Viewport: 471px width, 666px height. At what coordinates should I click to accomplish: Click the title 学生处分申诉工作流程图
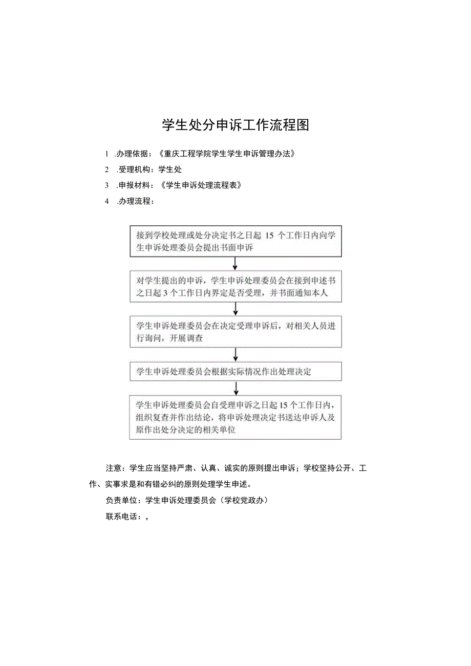[235, 125]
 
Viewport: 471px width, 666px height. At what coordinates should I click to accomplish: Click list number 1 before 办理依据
[107, 154]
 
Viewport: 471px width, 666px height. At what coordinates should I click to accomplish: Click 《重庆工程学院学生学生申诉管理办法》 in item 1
[227, 154]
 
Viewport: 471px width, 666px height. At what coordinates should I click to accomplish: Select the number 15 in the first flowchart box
[271, 235]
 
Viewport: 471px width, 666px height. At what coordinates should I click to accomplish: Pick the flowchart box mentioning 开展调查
[235, 332]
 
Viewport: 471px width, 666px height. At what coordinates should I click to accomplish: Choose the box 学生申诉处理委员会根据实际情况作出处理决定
[235, 372]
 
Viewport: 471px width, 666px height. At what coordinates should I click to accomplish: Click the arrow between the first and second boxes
[235, 263]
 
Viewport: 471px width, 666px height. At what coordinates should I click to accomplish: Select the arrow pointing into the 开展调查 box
[235, 309]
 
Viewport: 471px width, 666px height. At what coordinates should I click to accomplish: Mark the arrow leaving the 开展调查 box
[235, 354]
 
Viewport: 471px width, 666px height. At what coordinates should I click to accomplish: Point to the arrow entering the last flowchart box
[235, 388]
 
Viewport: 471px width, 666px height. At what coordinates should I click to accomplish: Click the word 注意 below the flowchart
[114, 468]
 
